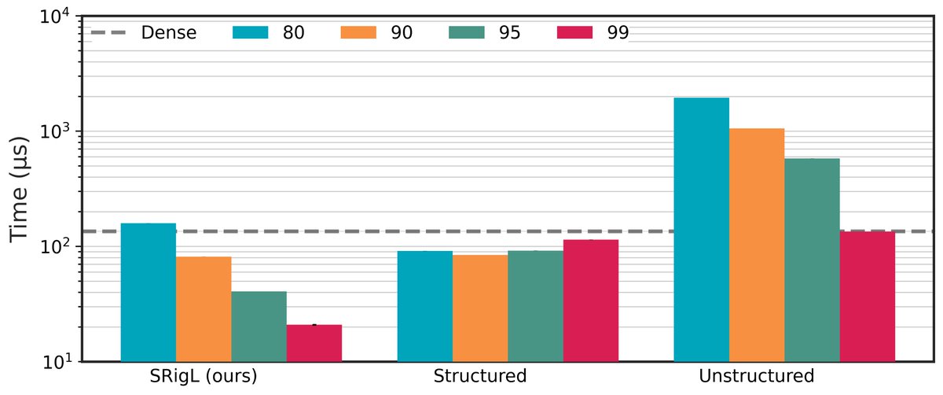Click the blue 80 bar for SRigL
pos(148,292)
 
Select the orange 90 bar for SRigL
pos(204,308)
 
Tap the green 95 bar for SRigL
pos(259,326)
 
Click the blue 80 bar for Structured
pos(424,306)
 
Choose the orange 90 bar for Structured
pos(479,308)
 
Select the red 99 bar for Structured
pos(590,301)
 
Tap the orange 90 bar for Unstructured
pos(757,245)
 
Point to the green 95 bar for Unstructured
pos(812,260)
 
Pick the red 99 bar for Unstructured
pos(867,297)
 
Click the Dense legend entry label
pos(169,33)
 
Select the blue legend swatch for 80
pos(251,33)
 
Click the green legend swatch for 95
pos(468,33)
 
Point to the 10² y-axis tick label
pos(56,247)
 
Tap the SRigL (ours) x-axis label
pos(204,376)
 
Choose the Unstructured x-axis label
pos(757,376)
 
